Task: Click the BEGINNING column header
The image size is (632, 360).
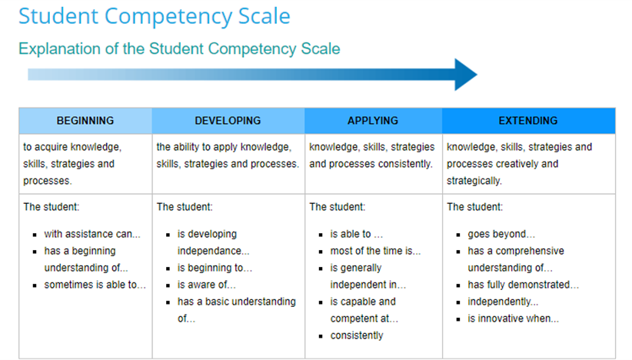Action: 85,121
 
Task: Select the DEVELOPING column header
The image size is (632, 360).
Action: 228,121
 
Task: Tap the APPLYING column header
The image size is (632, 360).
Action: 373,121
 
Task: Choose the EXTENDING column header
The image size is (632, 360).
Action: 528,121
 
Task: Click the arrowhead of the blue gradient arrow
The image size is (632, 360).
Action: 464,75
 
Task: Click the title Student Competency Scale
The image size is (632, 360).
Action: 155,17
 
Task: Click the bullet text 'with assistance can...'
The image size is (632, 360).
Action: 92,234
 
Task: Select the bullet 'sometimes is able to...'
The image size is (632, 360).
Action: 95,285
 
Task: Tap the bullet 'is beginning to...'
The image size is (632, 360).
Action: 215,268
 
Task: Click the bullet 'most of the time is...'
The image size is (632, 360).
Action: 375,251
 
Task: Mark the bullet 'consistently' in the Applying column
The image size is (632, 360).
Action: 357,335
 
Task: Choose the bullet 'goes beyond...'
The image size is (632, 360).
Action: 501,234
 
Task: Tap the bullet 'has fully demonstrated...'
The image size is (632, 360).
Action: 523,285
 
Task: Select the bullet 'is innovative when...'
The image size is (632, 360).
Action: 513,318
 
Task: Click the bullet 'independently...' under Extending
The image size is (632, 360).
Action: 503,302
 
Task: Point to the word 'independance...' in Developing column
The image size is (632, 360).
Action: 213,251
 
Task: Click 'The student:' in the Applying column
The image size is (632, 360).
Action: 337,207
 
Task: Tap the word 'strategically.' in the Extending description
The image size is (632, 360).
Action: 474,181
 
